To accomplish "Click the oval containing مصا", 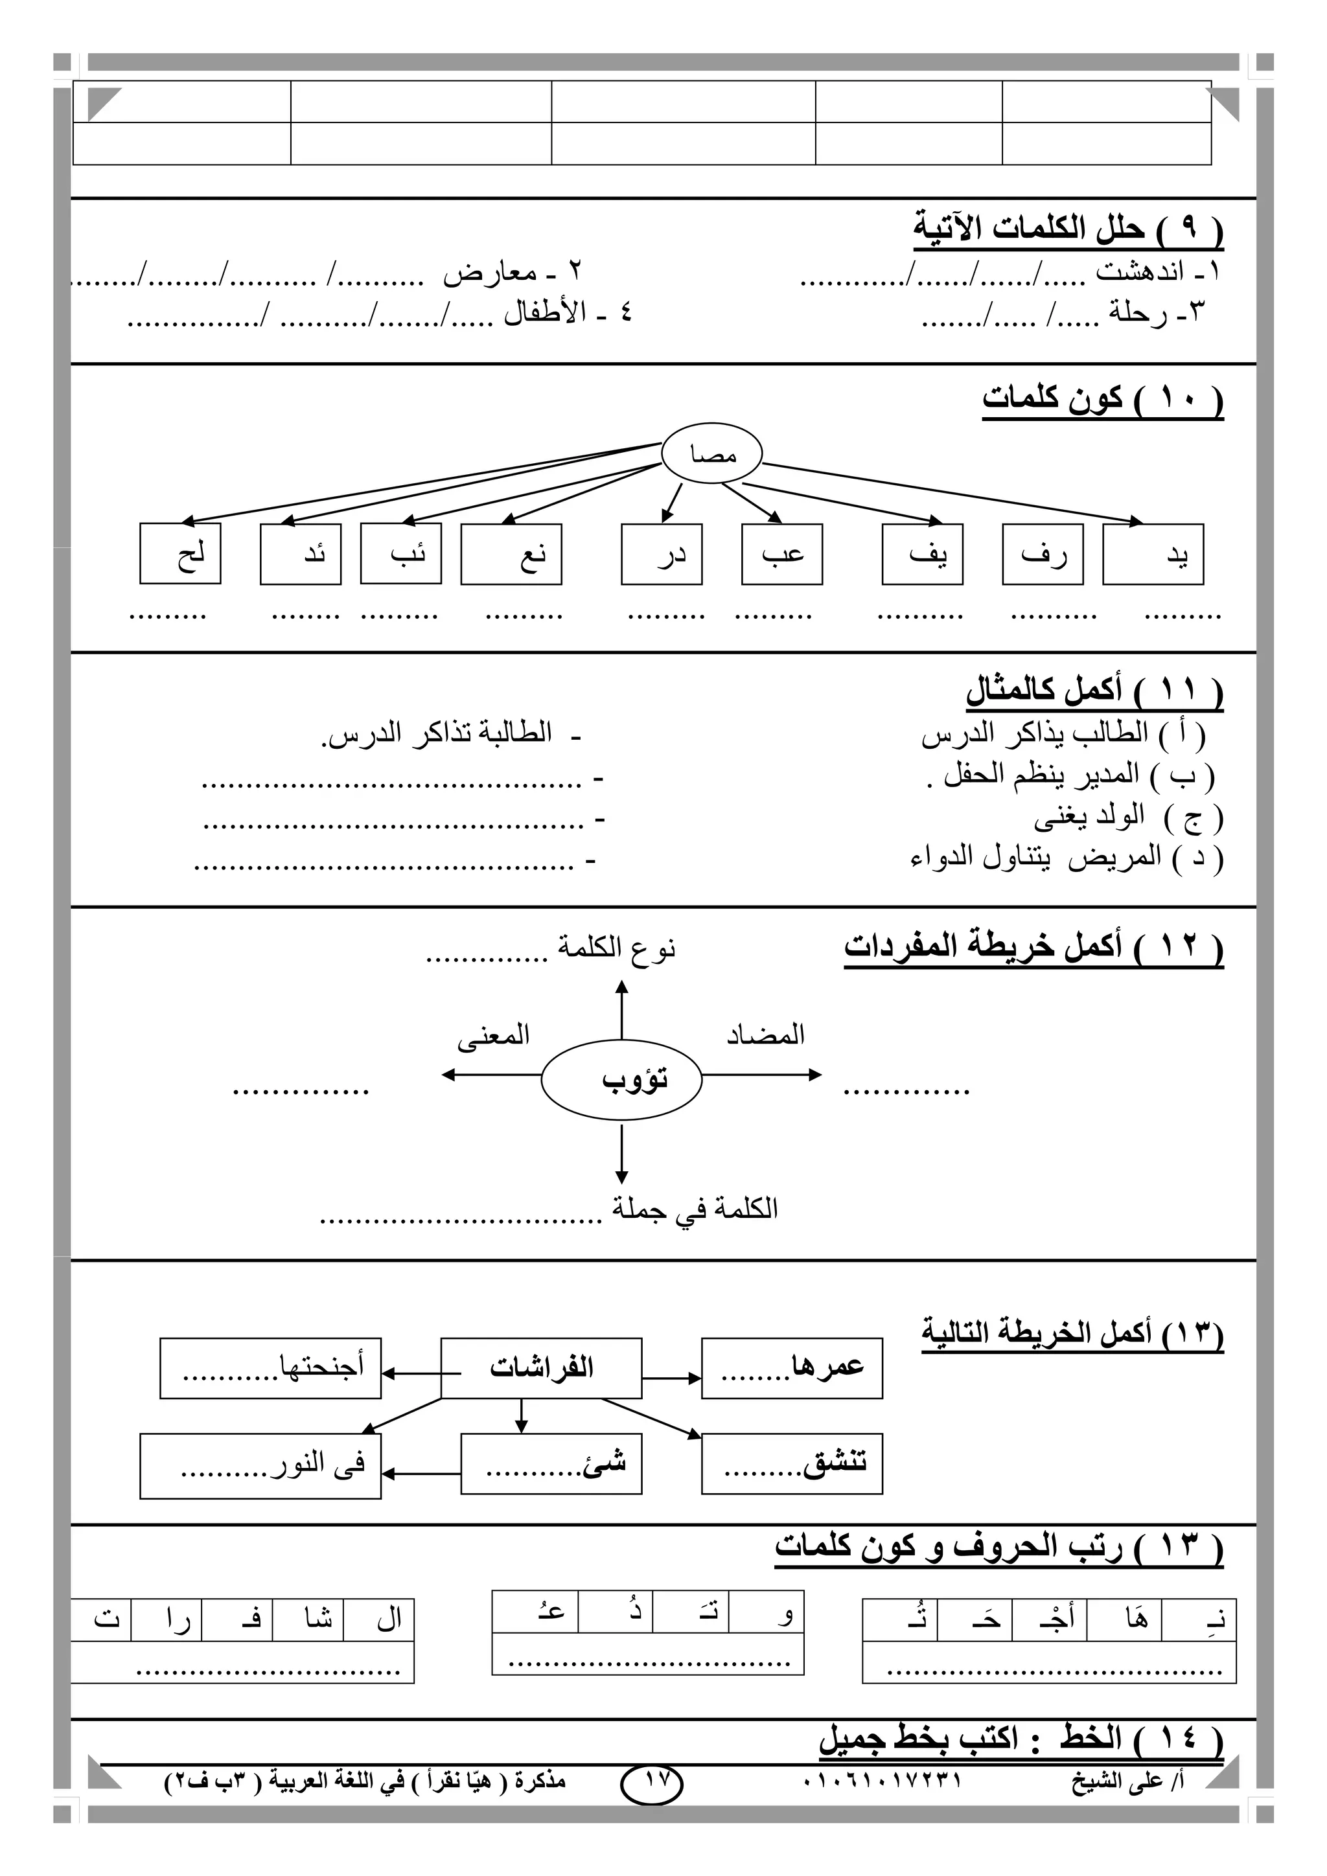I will tap(711, 454).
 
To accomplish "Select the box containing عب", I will tap(781, 555).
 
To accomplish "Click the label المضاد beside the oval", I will tap(766, 1035).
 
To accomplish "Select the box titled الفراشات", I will tap(541, 1367).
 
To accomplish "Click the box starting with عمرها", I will tap(792, 1367).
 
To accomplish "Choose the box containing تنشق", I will tap(792, 1463).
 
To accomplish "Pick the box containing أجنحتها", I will tap(270, 1367).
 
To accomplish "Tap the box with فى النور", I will tap(260, 1466).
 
